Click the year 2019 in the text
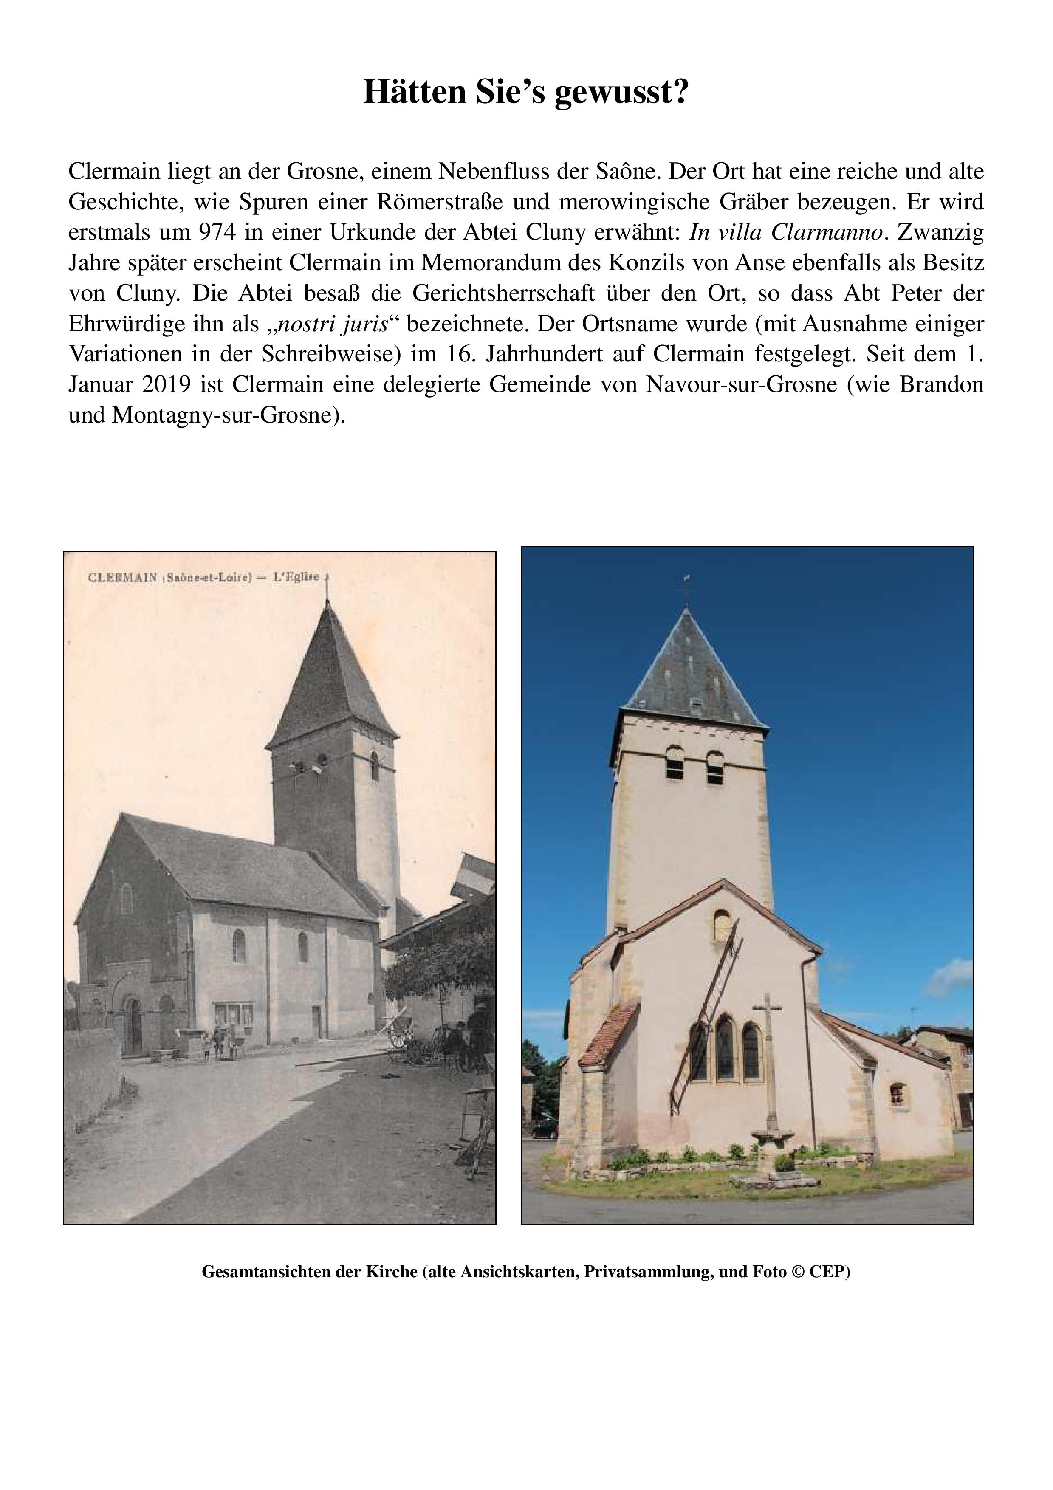167,385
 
